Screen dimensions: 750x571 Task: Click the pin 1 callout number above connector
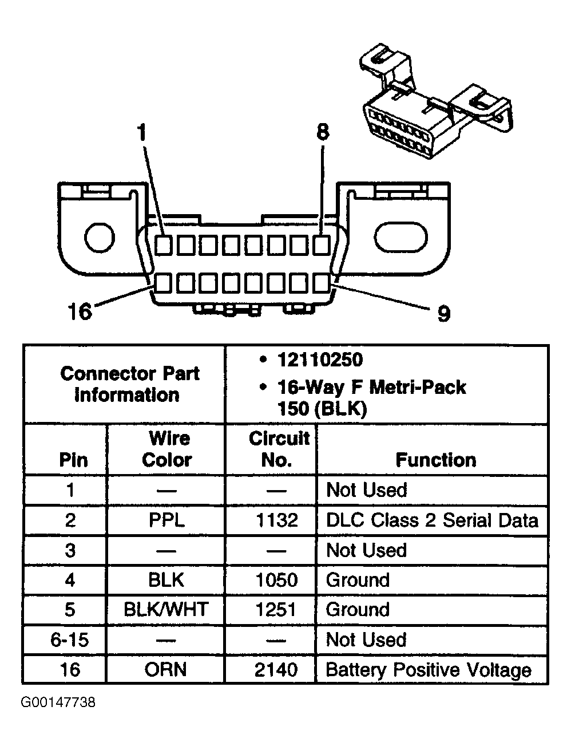click(x=141, y=133)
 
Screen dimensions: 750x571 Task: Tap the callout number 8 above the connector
click(x=323, y=132)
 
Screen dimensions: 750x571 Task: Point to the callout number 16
click(x=80, y=312)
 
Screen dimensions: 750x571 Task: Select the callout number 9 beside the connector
click(x=443, y=313)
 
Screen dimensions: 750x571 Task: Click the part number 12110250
click(x=319, y=360)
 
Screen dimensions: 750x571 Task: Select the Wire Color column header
click(x=166, y=449)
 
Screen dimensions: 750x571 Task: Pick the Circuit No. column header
click(x=277, y=449)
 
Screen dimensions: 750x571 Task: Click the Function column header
click(x=435, y=460)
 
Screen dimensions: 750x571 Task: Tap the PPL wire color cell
click(x=166, y=520)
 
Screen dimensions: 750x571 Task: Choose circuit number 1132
click(x=276, y=520)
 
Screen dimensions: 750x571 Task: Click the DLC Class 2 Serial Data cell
click(x=432, y=520)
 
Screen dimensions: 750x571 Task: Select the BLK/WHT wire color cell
click(x=166, y=609)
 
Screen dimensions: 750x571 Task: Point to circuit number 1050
click(x=276, y=580)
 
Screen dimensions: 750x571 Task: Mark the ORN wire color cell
click(x=166, y=669)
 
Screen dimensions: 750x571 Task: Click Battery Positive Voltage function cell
click(x=429, y=670)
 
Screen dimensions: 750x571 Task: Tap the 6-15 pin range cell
click(x=70, y=640)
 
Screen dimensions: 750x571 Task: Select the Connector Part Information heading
click(x=129, y=384)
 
